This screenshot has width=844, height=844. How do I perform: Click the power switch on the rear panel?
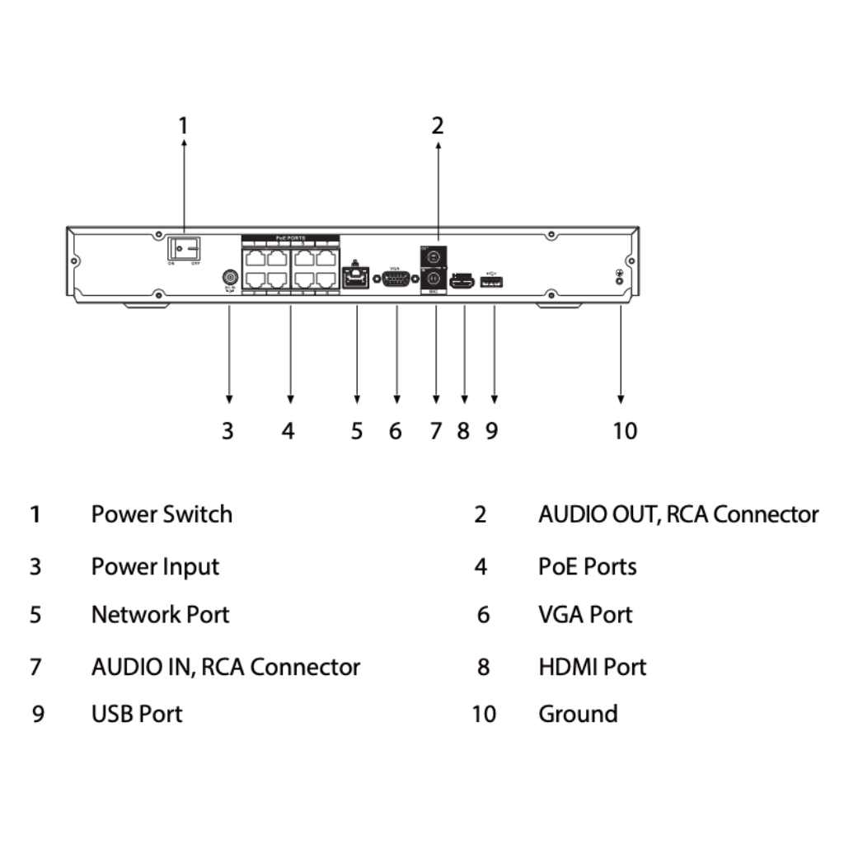pyautogui.click(x=184, y=246)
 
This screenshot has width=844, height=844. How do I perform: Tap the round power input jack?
pyautogui.click(x=229, y=279)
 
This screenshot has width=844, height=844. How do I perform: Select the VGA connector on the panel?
pyautogui.click(x=396, y=280)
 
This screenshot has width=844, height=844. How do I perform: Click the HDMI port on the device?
pyautogui.click(x=462, y=281)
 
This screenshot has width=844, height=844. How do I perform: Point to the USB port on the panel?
pyautogui.click(x=493, y=282)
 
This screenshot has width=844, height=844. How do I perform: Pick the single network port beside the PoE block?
pyautogui.click(x=355, y=278)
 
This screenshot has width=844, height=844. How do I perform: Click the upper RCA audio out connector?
pyautogui.click(x=434, y=256)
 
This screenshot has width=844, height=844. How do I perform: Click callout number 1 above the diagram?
pyautogui.click(x=184, y=126)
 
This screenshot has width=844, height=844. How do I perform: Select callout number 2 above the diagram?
pyautogui.click(x=438, y=126)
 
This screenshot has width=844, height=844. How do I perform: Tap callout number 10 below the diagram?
pyautogui.click(x=625, y=430)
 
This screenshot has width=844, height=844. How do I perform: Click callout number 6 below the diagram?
pyautogui.click(x=396, y=430)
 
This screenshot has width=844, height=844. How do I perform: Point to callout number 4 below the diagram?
pyautogui.click(x=288, y=430)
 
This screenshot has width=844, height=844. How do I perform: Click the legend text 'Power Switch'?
pyautogui.click(x=162, y=514)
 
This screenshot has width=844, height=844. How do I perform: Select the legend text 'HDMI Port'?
pyautogui.click(x=593, y=666)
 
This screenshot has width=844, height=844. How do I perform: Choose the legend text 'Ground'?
pyautogui.click(x=578, y=713)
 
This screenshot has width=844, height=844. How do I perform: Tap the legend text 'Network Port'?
pyautogui.click(x=160, y=614)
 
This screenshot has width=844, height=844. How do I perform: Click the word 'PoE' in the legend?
pyautogui.click(x=556, y=566)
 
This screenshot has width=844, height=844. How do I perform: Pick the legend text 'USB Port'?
pyautogui.click(x=137, y=713)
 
